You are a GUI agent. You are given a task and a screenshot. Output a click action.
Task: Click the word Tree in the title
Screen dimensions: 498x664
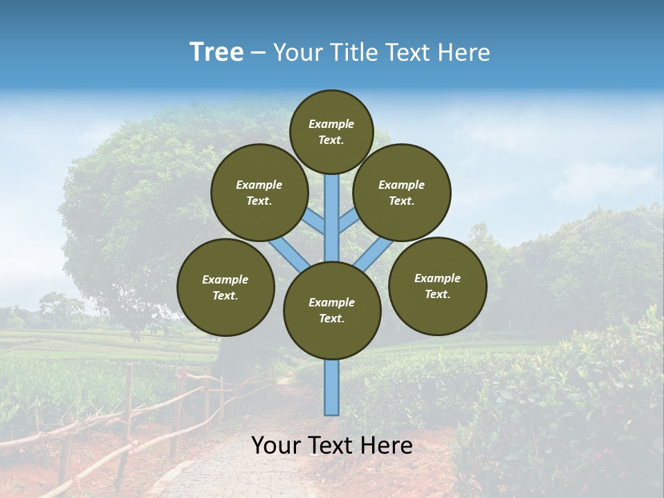click(x=216, y=53)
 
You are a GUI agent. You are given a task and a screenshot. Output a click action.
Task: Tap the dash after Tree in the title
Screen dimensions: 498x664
click(x=258, y=53)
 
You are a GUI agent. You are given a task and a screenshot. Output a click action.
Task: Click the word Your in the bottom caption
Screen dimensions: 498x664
click(x=276, y=445)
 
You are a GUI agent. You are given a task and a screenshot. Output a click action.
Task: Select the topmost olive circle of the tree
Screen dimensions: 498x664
click(x=331, y=131)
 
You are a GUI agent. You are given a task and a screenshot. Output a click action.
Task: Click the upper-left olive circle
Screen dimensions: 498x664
click(x=259, y=192)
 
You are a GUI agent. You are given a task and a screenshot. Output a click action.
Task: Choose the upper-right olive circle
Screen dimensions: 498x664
click(x=402, y=192)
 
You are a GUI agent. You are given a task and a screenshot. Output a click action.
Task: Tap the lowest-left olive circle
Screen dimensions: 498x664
click(x=225, y=287)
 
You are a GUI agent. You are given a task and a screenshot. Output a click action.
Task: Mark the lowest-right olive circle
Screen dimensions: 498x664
click(x=437, y=286)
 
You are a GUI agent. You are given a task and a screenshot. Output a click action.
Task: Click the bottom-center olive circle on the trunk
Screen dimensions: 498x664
click(x=332, y=310)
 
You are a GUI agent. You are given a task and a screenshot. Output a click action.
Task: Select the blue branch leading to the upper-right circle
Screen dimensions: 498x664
click(x=347, y=221)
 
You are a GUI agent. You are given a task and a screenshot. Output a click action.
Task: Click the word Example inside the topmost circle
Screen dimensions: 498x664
click(x=331, y=124)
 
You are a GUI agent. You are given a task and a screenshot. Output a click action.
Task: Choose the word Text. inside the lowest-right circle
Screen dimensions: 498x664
click(x=437, y=294)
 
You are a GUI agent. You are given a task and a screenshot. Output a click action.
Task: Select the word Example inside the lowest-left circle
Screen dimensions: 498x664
click(x=225, y=279)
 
